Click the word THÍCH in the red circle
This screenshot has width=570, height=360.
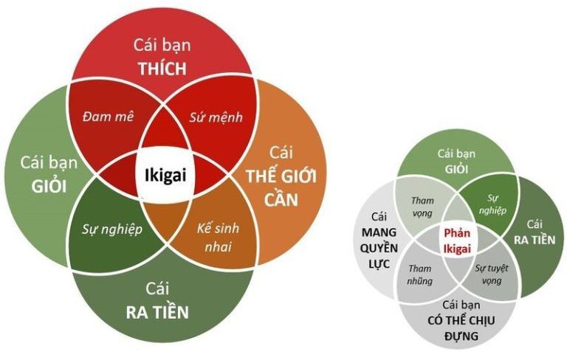click(162, 68)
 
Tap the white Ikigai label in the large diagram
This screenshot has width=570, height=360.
click(165, 176)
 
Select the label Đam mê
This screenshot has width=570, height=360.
click(108, 117)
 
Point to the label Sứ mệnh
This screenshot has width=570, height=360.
click(216, 117)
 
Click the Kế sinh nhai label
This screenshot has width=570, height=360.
click(218, 238)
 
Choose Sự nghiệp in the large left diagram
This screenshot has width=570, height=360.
click(112, 229)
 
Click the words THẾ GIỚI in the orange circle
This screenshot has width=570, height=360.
click(281, 176)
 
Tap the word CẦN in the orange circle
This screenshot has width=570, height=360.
click(281, 199)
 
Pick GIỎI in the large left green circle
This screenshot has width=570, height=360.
click(49, 187)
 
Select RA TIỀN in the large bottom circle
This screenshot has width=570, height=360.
click(157, 312)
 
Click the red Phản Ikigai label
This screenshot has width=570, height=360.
click(457, 240)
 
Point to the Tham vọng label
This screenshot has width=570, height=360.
click(422, 207)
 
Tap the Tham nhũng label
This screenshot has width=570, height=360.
click(420, 274)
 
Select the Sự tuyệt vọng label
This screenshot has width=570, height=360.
click(492, 274)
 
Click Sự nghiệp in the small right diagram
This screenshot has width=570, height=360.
click(492, 204)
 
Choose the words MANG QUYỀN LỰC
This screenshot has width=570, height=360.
click(380, 248)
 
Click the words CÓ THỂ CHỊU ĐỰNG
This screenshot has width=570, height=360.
click(461, 328)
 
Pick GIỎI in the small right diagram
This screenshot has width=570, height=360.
click(456, 169)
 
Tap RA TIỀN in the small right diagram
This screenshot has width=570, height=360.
click(535, 240)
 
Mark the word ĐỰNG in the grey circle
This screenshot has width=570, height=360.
click(461, 336)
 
